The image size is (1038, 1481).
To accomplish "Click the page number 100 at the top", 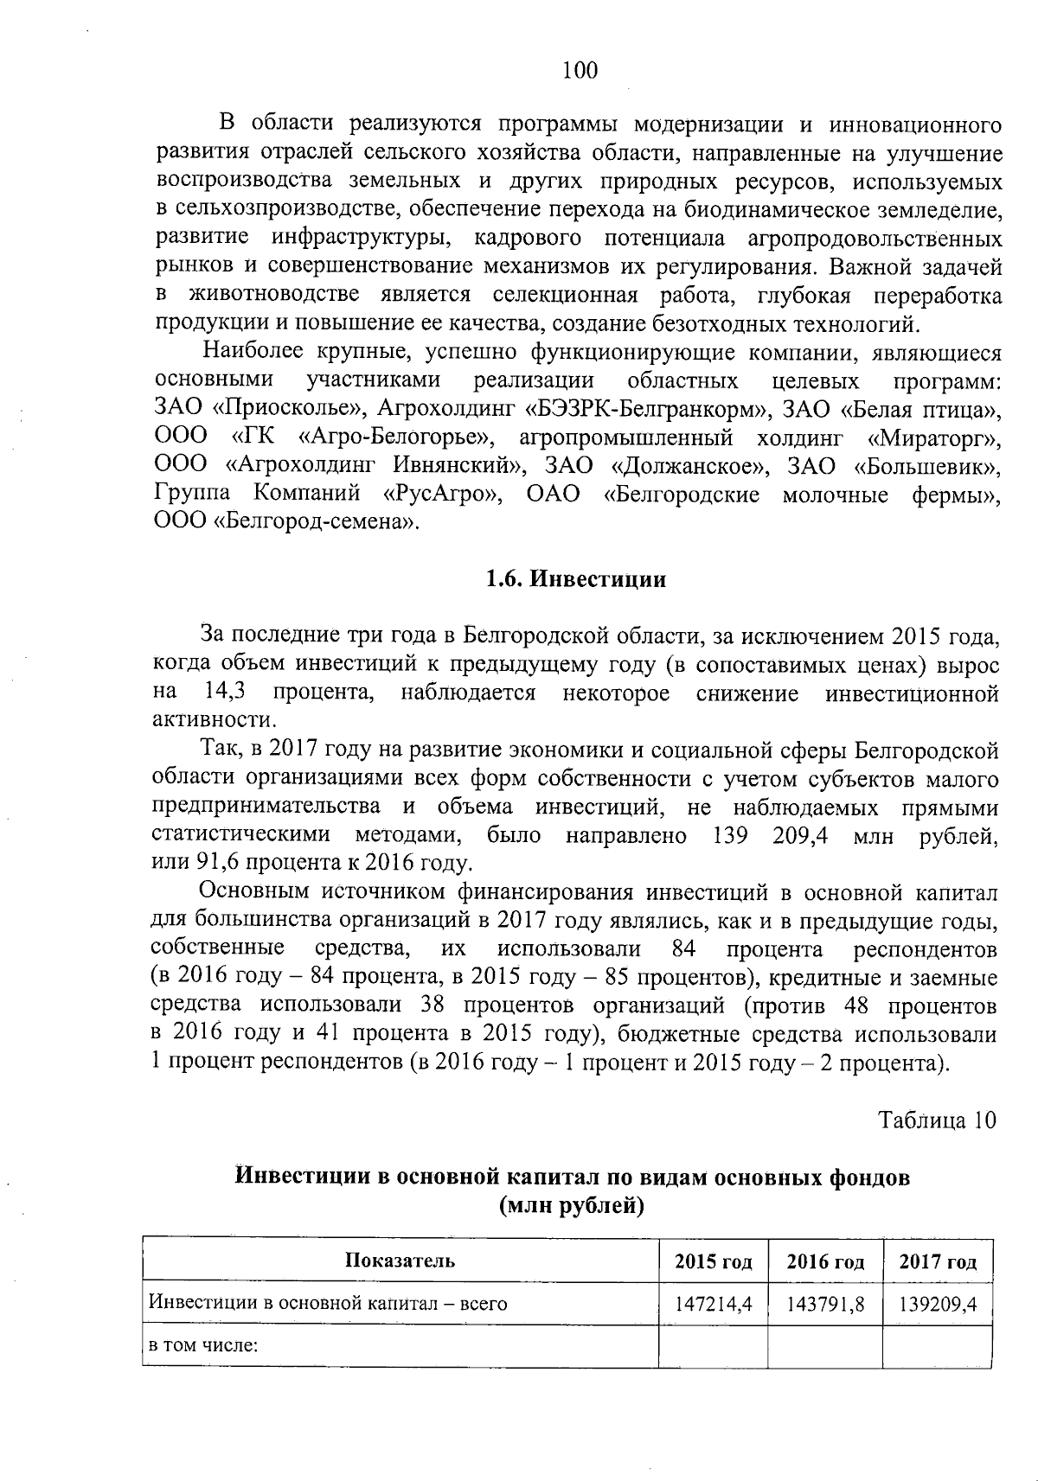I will (580, 71).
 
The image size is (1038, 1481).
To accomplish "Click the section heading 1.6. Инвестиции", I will (576, 579).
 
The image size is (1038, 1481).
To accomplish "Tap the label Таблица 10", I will (938, 1120).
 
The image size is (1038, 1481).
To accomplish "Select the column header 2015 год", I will (713, 1261).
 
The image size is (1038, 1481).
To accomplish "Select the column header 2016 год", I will (825, 1261).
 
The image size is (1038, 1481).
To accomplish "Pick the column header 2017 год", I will (938, 1261).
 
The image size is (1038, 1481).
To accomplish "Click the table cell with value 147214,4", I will (713, 1304).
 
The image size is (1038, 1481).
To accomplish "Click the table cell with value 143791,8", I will (825, 1304).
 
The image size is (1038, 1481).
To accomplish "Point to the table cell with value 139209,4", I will (938, 1304).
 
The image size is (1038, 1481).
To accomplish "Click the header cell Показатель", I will (400, 1261).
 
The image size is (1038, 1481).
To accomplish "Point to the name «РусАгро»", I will (441, 495).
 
